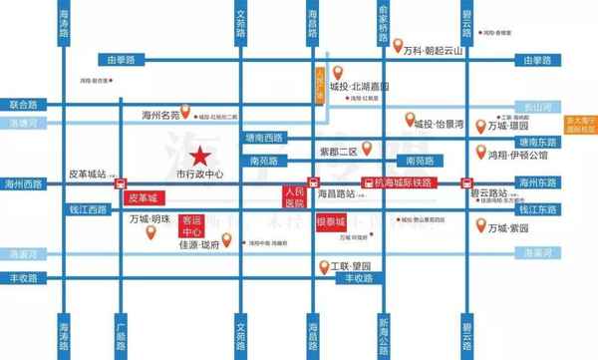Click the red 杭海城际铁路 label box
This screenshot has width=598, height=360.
click(x=409, y=183)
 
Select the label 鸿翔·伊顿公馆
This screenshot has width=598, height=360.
click(x=517, y=157)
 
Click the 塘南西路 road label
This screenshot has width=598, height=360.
click(x=263, y=138)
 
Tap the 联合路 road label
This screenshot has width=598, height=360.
click(x=23, y=104)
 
